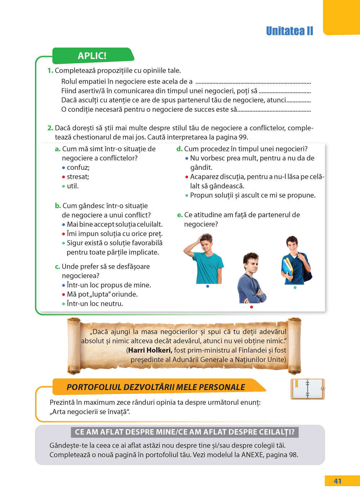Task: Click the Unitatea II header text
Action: point(289,31)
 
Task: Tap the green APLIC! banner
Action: point(92,56)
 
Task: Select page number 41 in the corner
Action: point(337,481)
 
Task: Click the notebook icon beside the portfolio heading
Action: point(307,389)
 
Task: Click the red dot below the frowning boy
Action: point(251,307)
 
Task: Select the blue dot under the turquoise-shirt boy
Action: point(208,286)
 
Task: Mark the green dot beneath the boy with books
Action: point(295,287)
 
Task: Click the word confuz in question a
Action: point(78,167)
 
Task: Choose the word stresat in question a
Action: point(78,177)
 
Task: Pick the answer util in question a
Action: point(72,186)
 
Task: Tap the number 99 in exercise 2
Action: point(243,137)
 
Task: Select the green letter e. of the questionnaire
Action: point(180,215)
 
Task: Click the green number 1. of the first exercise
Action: point(50,71)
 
